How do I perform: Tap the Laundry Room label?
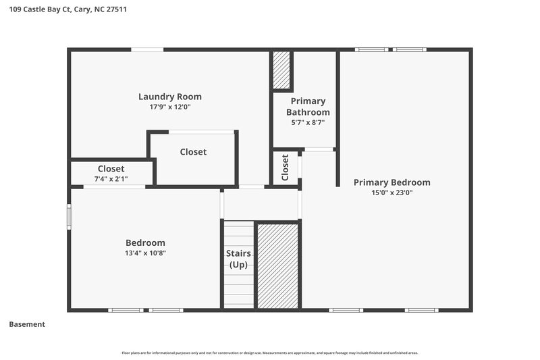[170, 97]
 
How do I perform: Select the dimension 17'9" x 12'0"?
[170, 107]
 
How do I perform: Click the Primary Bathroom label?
[308, 107]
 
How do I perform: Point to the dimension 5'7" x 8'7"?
[308, 122]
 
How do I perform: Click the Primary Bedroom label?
[391, 182]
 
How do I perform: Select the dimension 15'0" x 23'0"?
[391, 192]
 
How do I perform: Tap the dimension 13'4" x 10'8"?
[145, 253]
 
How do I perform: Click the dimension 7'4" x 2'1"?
[111, 179]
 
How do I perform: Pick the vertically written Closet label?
[286, 167]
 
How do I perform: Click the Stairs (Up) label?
[238, 259]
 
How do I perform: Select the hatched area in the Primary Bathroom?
[281, 70]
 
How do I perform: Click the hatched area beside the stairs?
[277, 266]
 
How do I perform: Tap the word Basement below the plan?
[27, 324]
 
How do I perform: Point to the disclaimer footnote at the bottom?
[269, 353]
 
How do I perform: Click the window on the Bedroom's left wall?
[68, 217]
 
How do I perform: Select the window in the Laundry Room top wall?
[147, 49]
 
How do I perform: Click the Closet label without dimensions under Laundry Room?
[193, 152]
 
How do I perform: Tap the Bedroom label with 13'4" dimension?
[145, 243]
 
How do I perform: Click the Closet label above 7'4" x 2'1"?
[111, 169]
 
